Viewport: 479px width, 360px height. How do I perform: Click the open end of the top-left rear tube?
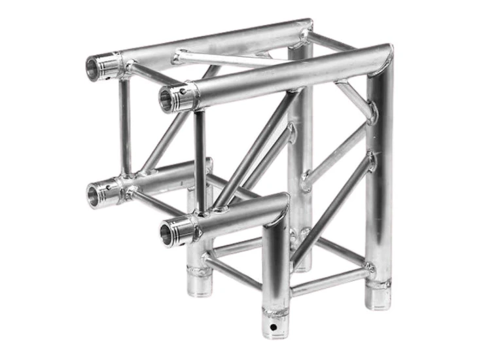click(x=94, y=67)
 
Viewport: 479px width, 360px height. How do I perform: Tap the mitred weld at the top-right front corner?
click(x=384, y=56)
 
